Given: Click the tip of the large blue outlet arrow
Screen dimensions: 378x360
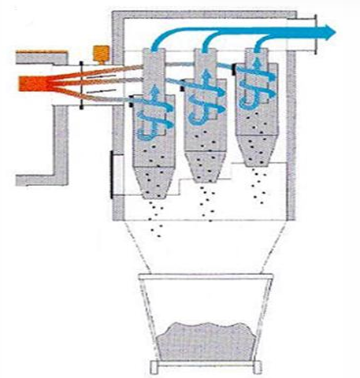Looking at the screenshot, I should point(334,31).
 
